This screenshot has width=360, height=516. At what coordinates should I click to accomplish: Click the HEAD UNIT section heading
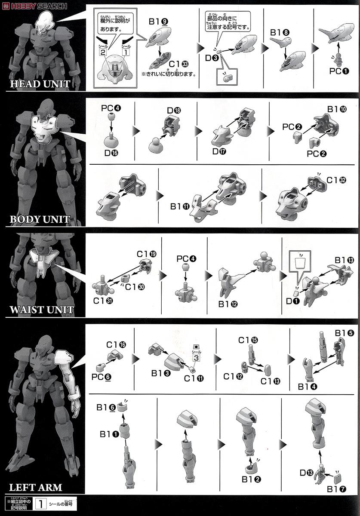tap(40, 83)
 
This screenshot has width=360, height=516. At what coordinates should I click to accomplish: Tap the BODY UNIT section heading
tap(40, 219)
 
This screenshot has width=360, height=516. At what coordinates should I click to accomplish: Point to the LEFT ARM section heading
tap(35, 488)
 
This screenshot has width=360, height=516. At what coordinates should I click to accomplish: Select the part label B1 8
tap(279, 32)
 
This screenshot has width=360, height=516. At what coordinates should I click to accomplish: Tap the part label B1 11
tap(179, 206)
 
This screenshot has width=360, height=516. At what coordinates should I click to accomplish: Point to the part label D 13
tap(307, 473)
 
